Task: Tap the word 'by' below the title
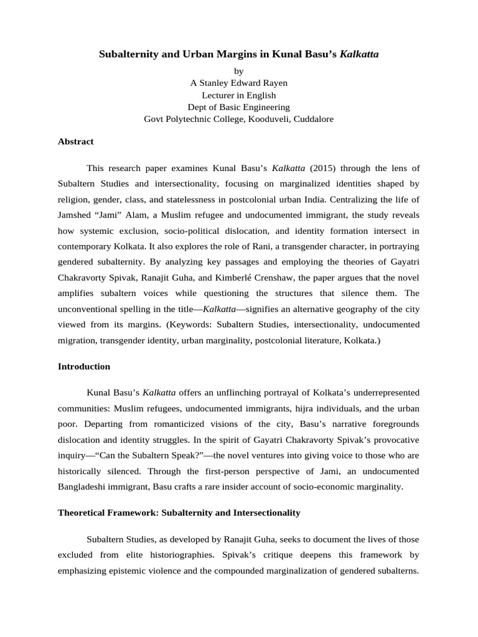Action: [238, 72]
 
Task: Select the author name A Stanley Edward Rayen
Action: [238, 83]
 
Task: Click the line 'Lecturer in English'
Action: [238, 95]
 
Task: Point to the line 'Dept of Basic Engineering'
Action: [238, 107]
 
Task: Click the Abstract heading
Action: [75, 142]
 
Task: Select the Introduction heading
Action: [84, 366]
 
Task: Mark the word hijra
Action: [324, 409]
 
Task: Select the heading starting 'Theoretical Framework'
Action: [179, 513]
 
